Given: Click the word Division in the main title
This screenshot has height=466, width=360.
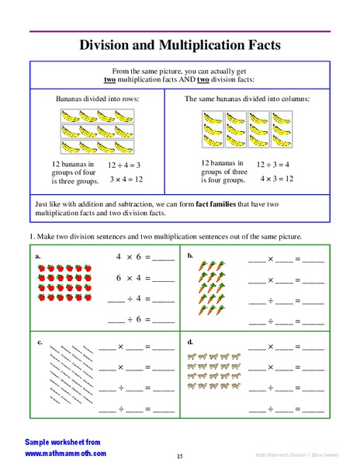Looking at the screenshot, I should coord(107,45).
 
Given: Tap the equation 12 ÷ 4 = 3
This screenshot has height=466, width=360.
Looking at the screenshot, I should coord(125,165).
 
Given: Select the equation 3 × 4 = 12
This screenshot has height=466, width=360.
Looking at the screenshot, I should coord(125,179).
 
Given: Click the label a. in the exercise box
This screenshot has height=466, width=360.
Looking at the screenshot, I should coord(38,255).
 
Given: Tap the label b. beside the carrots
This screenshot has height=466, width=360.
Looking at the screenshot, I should coord(190,255).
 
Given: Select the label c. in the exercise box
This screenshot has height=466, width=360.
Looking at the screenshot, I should coord(38,342).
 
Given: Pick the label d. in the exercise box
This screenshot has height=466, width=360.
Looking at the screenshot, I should coord(190,342).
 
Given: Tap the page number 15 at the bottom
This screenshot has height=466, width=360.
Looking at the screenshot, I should coord(179,456).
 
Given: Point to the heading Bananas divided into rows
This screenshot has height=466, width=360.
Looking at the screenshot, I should coord(95,99).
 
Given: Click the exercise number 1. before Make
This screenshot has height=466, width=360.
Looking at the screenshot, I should coord(33,235).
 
